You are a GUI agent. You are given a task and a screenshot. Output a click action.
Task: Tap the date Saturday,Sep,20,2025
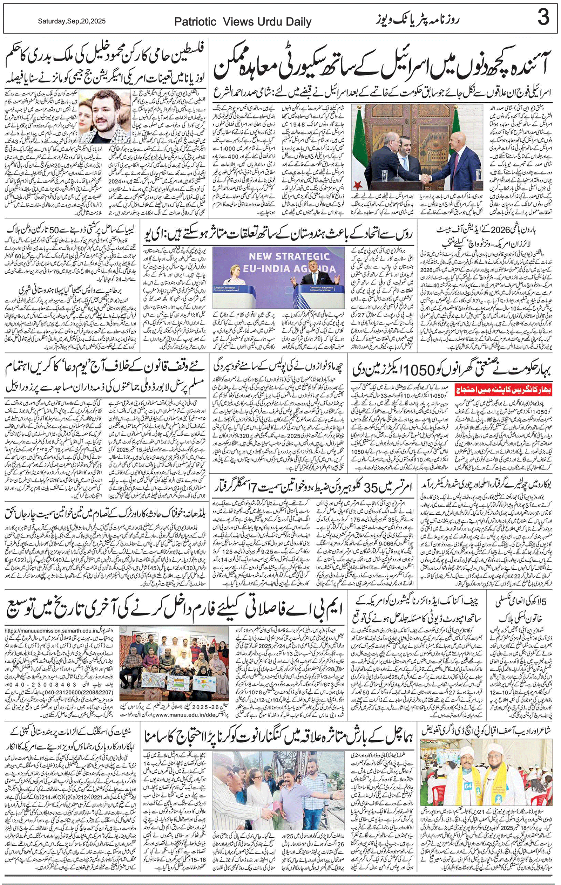(x=72, y=21)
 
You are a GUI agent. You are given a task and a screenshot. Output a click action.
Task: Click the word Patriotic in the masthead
(x=195, y=22)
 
